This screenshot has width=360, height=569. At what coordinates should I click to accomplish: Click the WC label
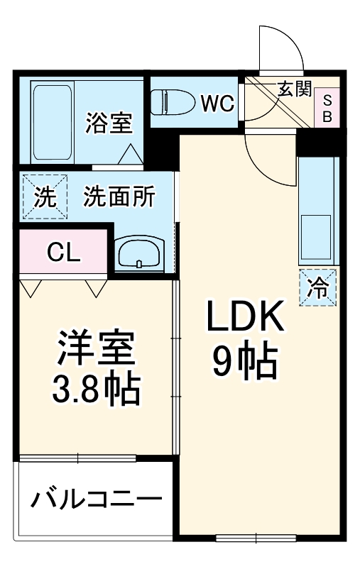(217, 104)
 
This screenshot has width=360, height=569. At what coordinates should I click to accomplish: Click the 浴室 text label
(109, 123)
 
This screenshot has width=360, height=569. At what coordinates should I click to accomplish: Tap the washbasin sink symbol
(138, 253)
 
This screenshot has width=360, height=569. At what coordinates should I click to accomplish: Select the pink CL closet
(64, 251)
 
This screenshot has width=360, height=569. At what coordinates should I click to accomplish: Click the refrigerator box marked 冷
(317, 288)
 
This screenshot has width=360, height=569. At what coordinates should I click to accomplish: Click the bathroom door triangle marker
(131, 154)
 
